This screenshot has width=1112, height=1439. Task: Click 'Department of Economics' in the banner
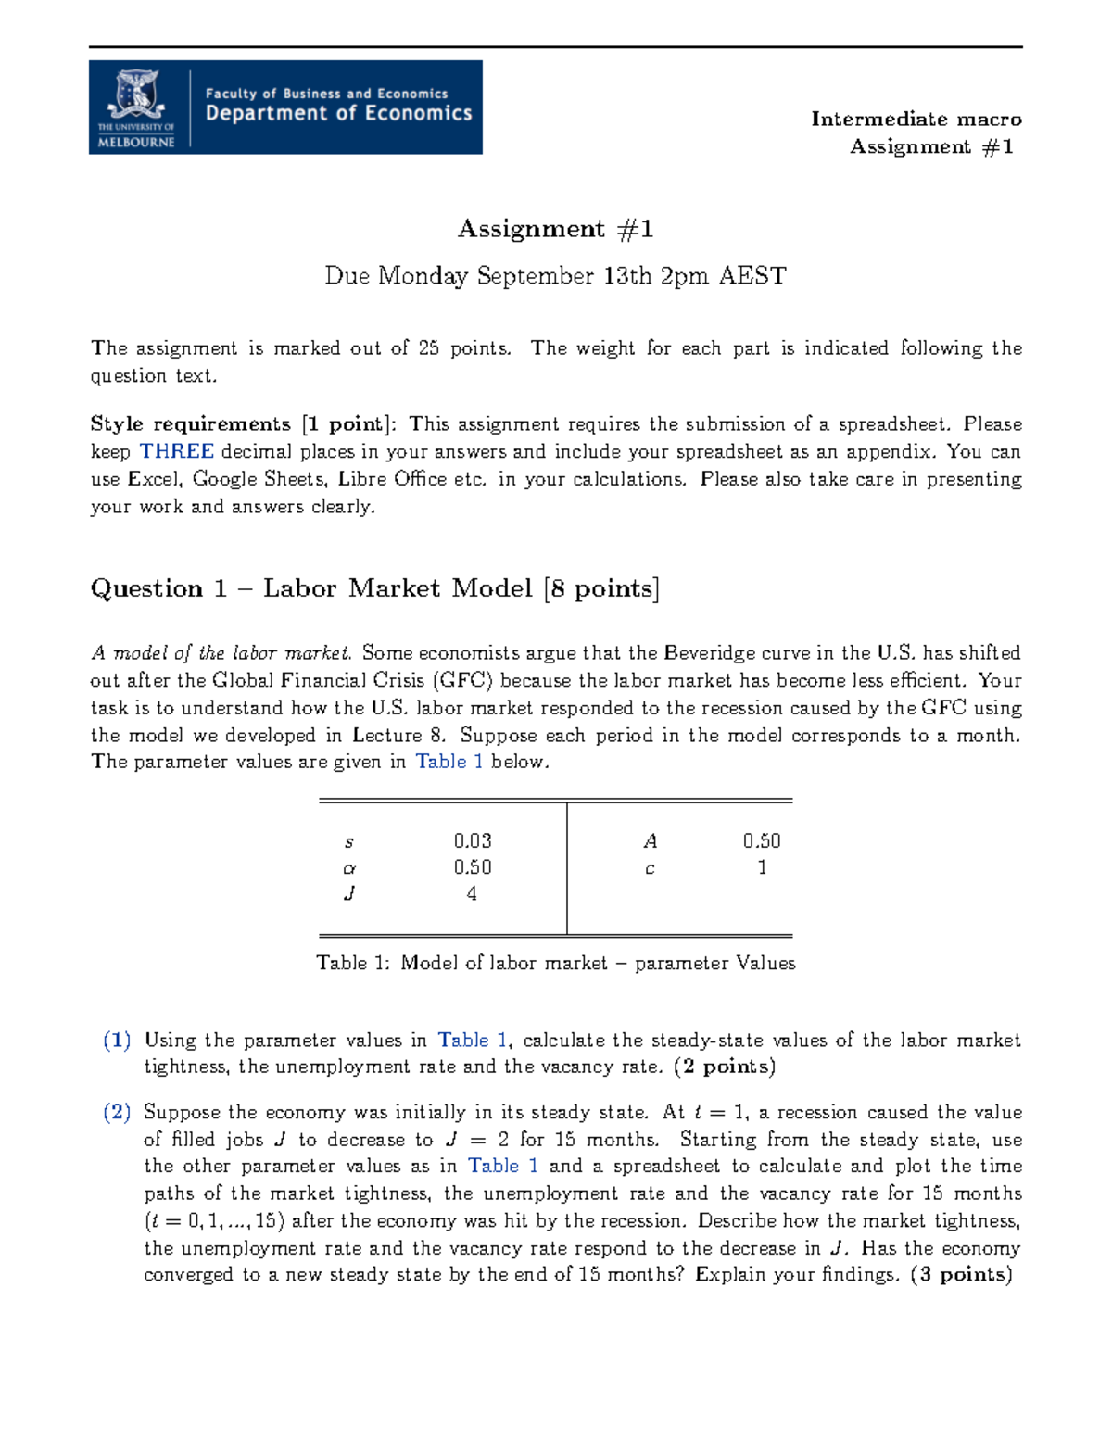coord(338,113)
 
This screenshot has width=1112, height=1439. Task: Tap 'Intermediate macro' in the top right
coord(916,119)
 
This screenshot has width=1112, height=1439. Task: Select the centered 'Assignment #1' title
coord(555,229)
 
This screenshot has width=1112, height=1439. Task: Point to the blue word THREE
coord(176,451)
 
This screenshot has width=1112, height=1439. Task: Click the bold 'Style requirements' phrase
coord(190,424)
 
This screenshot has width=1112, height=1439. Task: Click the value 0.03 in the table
coord(473,841)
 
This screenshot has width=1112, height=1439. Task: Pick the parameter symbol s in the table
coord(348,842)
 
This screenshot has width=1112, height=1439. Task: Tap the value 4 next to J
coord(472,894)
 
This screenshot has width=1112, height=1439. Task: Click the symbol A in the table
coord(651,841)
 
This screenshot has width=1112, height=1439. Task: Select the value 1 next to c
coord(762,868)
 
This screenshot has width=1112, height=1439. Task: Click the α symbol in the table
coord(349,869)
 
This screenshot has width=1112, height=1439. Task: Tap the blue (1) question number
coord(117,1040)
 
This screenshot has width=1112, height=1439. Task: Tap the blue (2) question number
coord(117,1112)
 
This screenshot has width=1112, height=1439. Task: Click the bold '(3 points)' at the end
coord(961,1275)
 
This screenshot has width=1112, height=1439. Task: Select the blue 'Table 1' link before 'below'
coord(449,762)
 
